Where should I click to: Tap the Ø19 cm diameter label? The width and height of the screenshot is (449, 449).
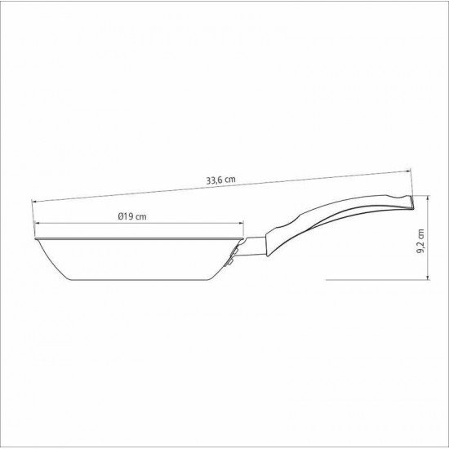131,216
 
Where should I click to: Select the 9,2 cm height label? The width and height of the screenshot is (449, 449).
421,242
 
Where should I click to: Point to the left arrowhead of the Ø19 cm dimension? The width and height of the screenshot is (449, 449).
36,225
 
